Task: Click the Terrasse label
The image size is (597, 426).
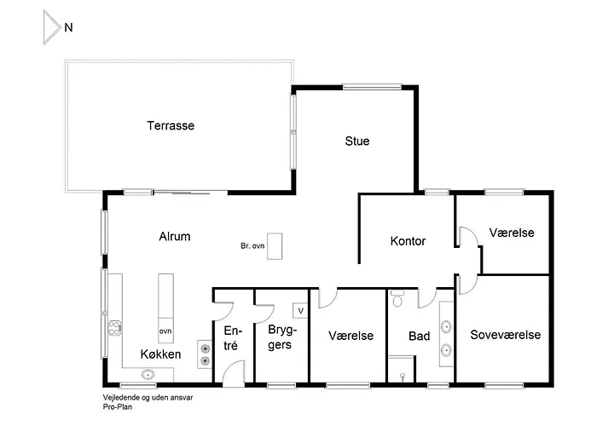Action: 171,126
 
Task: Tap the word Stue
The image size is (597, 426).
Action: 357,141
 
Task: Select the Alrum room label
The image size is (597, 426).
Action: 174,237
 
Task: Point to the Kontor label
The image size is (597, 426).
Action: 408,241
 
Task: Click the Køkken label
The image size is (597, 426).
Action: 160,353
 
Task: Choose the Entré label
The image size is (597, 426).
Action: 230,338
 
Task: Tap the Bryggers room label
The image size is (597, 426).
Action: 280,337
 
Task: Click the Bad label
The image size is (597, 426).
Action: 419,337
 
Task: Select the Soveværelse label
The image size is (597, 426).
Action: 506,335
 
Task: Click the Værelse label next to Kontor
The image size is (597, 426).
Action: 513,233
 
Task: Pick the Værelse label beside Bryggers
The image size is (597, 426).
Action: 351,336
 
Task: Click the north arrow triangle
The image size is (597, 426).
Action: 51,28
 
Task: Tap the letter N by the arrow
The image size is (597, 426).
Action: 68,27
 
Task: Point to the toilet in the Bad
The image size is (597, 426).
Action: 397,301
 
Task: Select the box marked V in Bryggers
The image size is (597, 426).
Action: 300,310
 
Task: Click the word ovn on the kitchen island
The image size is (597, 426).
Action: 165,329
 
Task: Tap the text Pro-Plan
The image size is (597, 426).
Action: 116,407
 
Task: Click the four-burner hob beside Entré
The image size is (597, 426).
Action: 205,353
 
